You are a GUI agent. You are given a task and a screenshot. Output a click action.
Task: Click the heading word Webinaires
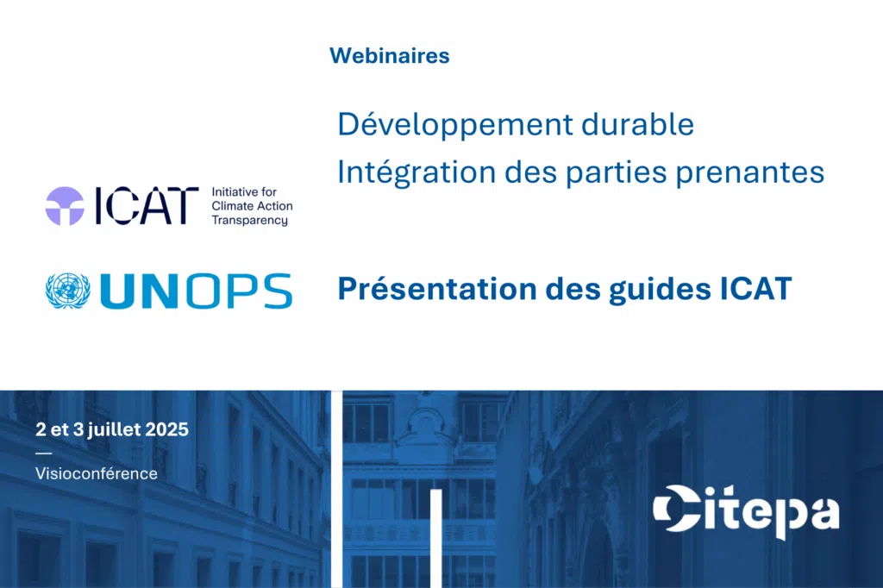pos(390,56)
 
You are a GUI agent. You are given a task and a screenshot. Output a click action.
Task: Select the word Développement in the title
pos(455,125)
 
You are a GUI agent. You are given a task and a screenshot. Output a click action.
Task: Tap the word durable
pos(637,124)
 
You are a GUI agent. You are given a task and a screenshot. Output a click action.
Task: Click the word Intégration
pos(416,172)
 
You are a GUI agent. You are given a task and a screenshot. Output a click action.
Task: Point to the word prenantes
pos(750,173)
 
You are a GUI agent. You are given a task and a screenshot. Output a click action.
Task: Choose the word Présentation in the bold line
pos(437,288)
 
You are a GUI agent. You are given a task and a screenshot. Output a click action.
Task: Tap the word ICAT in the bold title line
pos(756,288)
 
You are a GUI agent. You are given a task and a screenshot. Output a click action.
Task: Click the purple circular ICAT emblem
pos(65,206)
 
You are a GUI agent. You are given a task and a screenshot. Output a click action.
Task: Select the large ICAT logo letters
pos(147,206)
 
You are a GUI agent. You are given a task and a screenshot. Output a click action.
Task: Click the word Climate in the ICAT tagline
pos(229,206)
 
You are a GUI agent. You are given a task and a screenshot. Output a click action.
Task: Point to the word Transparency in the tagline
pos(249,220)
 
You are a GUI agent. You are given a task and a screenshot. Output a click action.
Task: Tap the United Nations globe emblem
pos(67,291)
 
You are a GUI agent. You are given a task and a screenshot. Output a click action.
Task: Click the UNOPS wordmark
pos(196,291)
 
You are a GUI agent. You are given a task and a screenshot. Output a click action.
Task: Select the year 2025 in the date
pos(166,429)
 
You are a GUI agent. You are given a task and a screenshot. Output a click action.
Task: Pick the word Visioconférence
pos(97,473)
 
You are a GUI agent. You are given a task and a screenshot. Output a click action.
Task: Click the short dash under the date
pos(43,453)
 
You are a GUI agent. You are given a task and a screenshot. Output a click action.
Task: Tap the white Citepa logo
pos(746,511)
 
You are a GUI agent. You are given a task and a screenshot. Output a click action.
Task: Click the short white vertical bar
pos(435,539)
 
